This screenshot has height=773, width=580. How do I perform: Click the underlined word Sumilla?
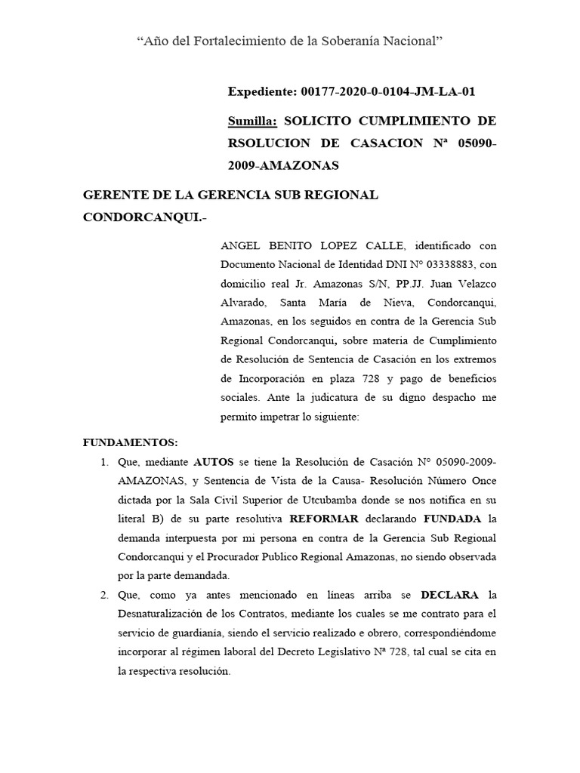click(253, 121)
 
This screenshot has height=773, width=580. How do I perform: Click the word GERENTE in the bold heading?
click(113, 195)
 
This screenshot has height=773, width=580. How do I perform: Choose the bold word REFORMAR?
click(316, 519)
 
